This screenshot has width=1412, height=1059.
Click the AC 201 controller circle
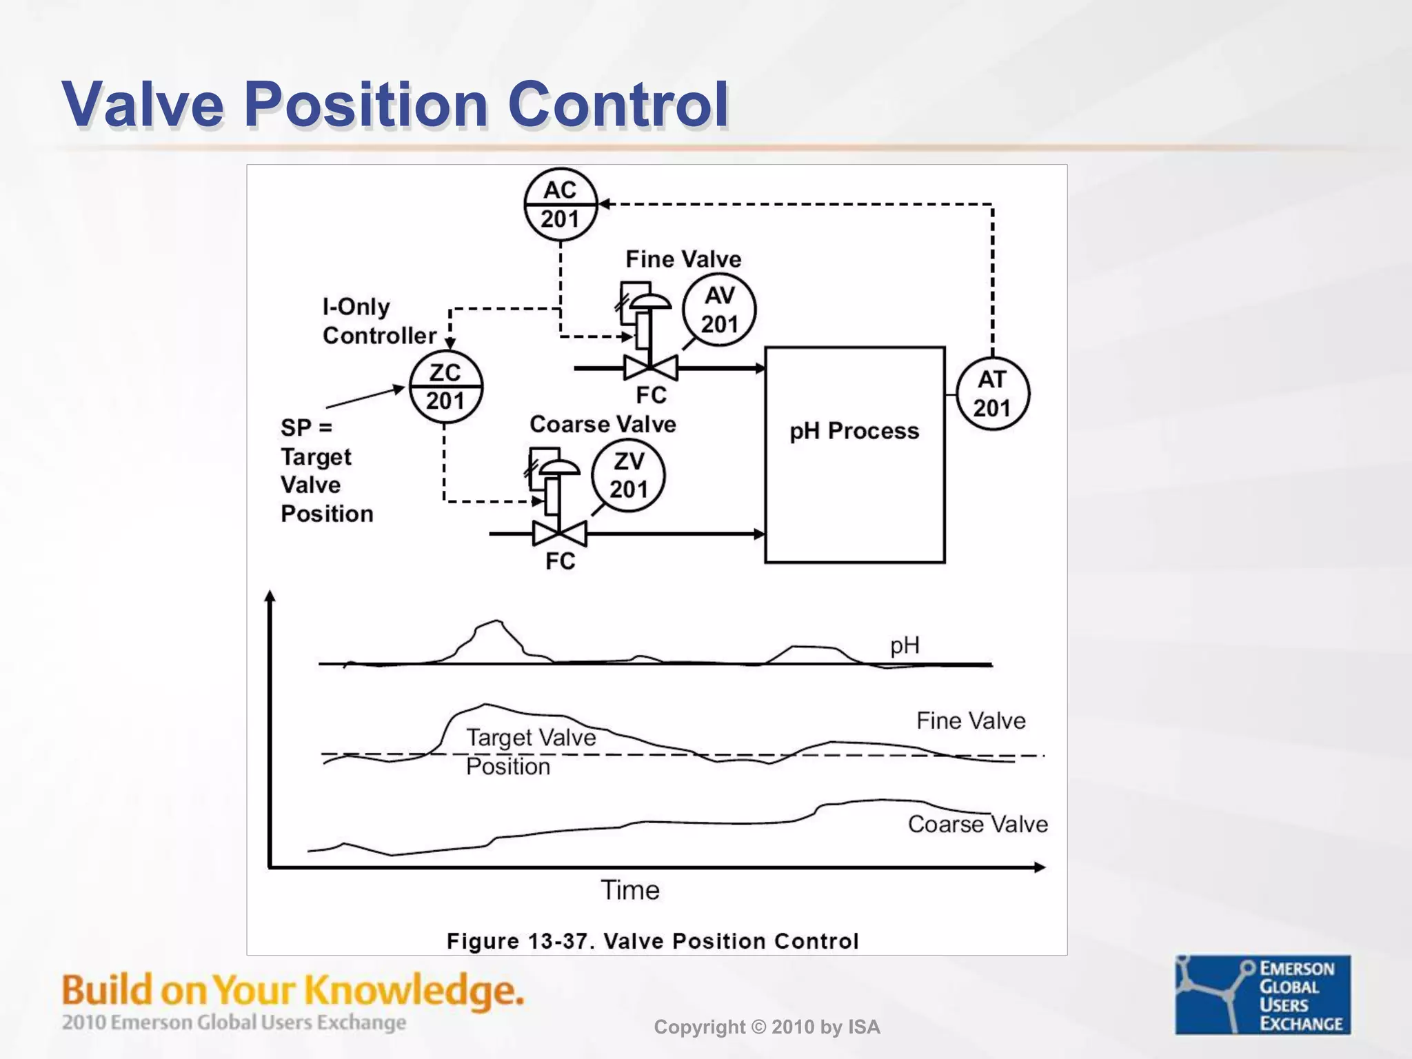coord(560,205)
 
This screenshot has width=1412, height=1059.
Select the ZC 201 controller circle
coord(445,387)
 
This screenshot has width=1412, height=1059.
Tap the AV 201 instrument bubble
coord(719,310)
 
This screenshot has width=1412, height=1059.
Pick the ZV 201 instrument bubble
coord(628,476)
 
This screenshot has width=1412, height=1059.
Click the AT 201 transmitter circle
coord(992,394)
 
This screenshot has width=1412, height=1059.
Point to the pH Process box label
coord(854,431)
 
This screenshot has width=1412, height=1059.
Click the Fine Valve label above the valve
coord(683,259)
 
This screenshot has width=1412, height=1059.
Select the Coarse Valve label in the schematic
coord(603,424)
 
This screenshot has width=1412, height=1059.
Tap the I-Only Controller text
coord(379,321)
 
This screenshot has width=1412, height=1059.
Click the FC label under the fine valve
coord(651,395)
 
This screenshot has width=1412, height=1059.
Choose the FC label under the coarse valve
coord(560,561)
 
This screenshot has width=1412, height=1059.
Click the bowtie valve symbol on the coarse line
coord(560,534)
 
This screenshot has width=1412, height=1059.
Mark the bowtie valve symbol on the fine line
coord(651,368)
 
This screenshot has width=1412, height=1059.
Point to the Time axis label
coord(630,890)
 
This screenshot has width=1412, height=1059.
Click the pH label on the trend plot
coord(905,646)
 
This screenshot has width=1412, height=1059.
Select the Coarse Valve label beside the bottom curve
coord(977,824)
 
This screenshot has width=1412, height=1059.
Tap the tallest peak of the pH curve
coord(498,621)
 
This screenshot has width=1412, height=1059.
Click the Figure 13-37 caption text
coord(652,941)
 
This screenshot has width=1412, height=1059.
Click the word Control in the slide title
coord(618,105)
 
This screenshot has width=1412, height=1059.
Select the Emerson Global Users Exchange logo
coord(1263,995)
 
